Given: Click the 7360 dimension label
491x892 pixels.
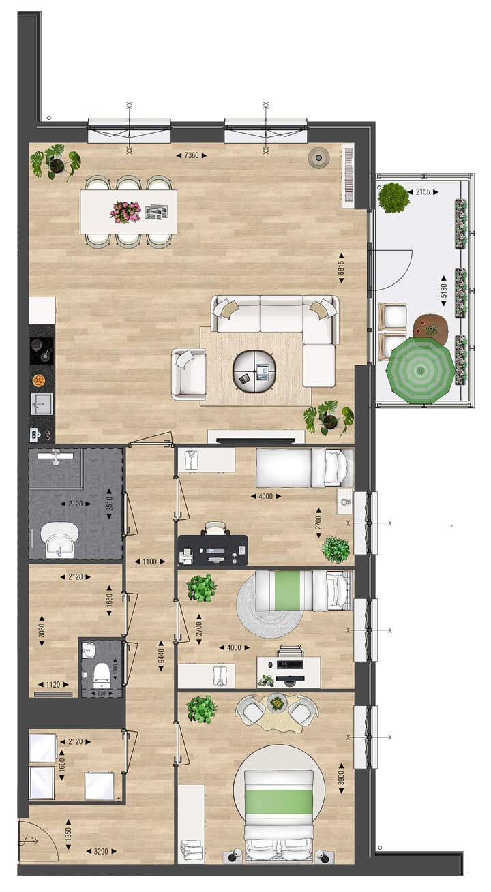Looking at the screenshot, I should [191, 155].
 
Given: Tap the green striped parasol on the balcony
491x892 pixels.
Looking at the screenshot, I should [419, 371].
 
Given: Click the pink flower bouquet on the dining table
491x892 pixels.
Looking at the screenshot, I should [125, 212].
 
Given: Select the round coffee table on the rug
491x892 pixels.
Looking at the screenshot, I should [255, 371].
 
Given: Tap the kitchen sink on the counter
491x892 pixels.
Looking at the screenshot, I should [40, 403].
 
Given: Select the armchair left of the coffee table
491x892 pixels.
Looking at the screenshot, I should [188, 373].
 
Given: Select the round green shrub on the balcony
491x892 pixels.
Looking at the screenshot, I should [393, 197].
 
